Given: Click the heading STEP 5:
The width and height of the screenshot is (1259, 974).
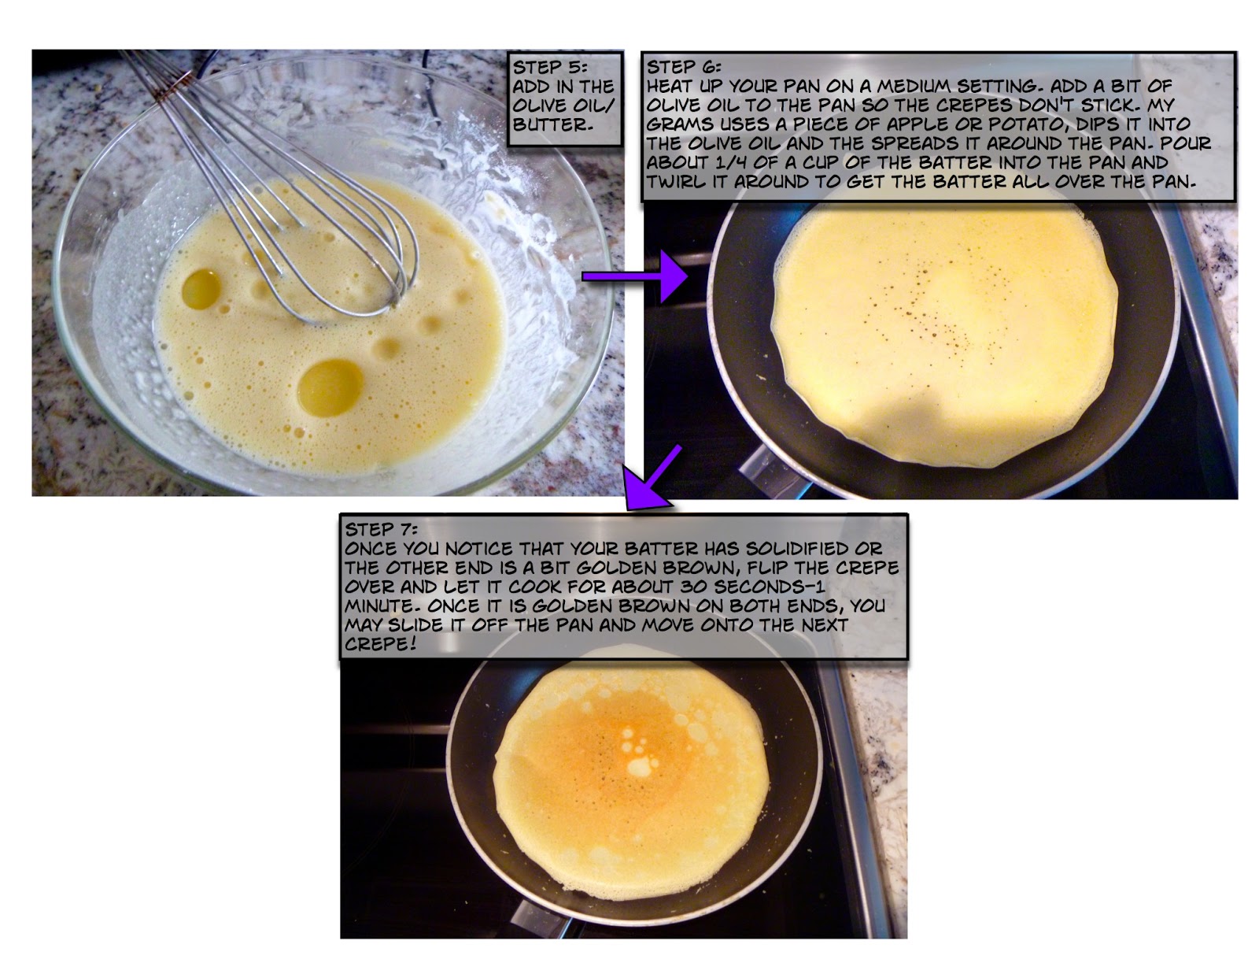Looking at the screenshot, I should click(x=549, y=67).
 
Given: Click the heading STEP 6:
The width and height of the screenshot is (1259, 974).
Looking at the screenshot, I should click(x=683, y=67).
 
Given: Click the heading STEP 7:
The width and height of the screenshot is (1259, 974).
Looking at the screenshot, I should click(x=381, y=529).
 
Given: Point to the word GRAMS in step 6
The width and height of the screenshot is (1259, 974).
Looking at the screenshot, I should click(x=680, y=124).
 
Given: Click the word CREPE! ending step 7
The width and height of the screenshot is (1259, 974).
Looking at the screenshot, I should click(x=379, y=645).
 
